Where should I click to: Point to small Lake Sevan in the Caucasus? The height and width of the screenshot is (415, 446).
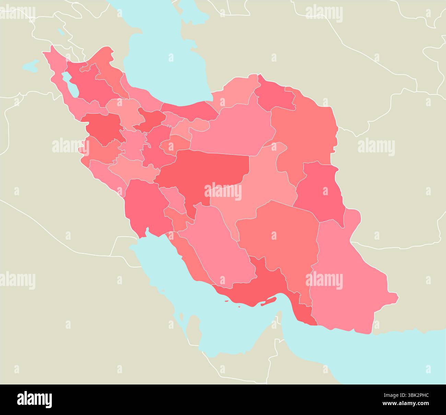[x=61, y=32]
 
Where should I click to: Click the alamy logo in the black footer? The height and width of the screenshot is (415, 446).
[x=34, y=399]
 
